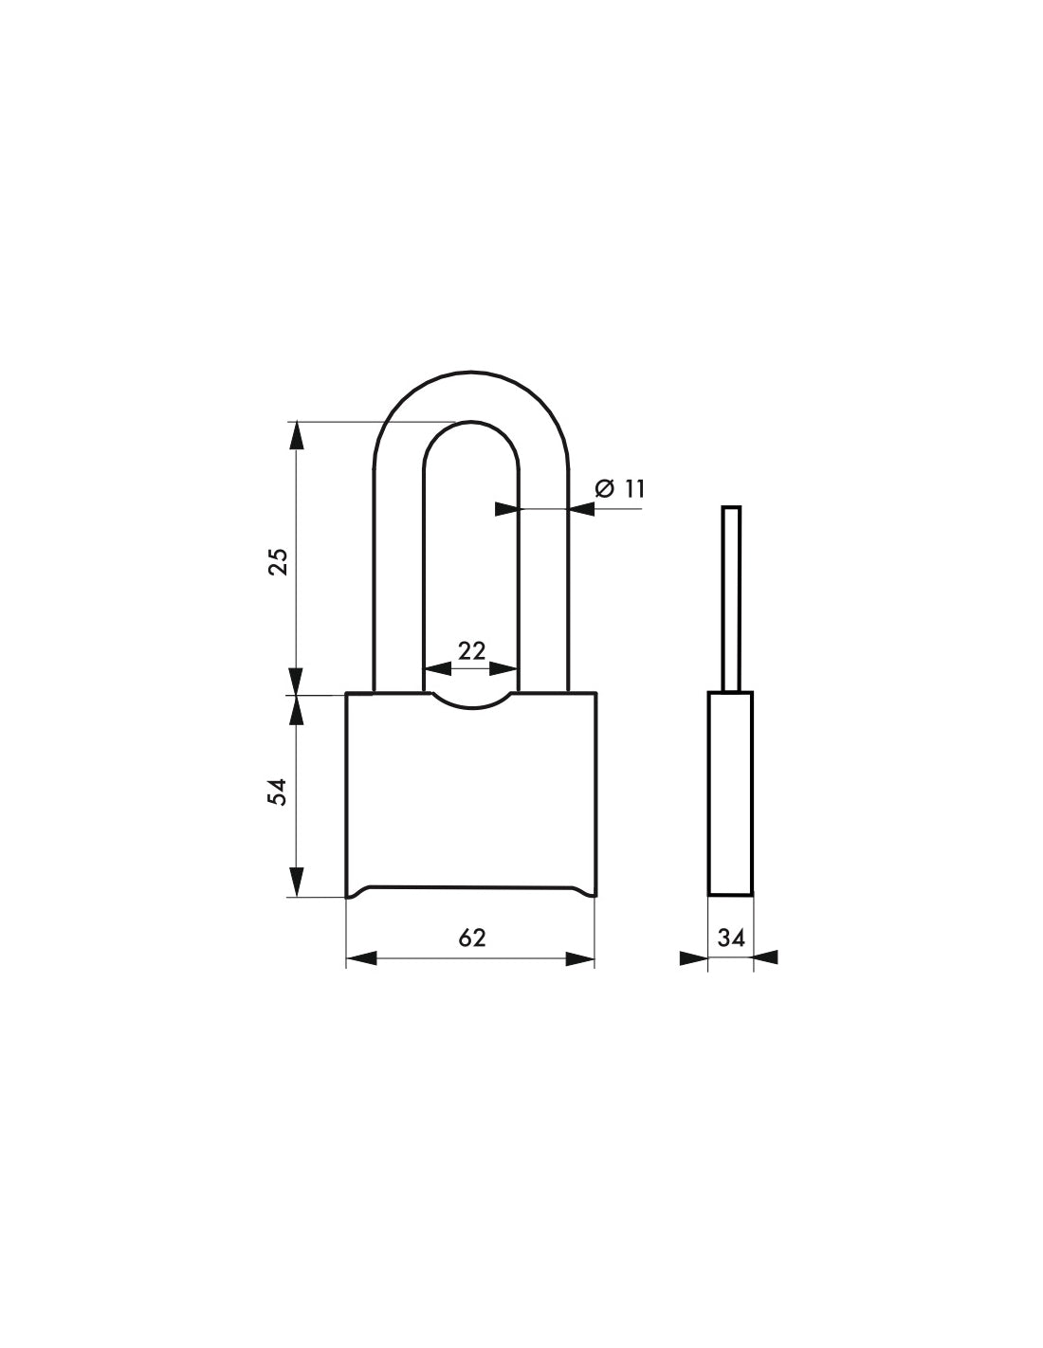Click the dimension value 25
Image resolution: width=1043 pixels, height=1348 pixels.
point(278,561)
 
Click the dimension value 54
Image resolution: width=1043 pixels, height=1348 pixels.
point(278,791)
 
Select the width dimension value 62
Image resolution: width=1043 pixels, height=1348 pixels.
point(471,938)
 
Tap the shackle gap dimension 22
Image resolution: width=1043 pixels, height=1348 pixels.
point(471,650)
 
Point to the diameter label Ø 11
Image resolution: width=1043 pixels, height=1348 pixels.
point(619,489)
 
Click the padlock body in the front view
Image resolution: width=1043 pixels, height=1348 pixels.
point(470,796)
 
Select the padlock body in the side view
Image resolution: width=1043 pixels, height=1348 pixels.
point(730,793)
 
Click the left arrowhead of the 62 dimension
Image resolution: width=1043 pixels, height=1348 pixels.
point(361,958)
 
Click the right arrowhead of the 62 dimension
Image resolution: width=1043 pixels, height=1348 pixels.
point(580,958)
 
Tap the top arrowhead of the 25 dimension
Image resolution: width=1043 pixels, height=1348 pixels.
point(297,435)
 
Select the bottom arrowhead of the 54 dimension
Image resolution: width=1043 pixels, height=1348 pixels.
point(297,882)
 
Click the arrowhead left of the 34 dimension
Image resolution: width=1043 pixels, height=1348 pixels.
point(694,958)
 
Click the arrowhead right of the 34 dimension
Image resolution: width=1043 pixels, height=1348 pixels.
point(766,958)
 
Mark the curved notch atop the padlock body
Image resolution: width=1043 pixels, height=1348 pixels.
point(471,702)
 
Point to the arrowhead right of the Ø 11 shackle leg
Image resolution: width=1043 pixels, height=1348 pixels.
point(581,509)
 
